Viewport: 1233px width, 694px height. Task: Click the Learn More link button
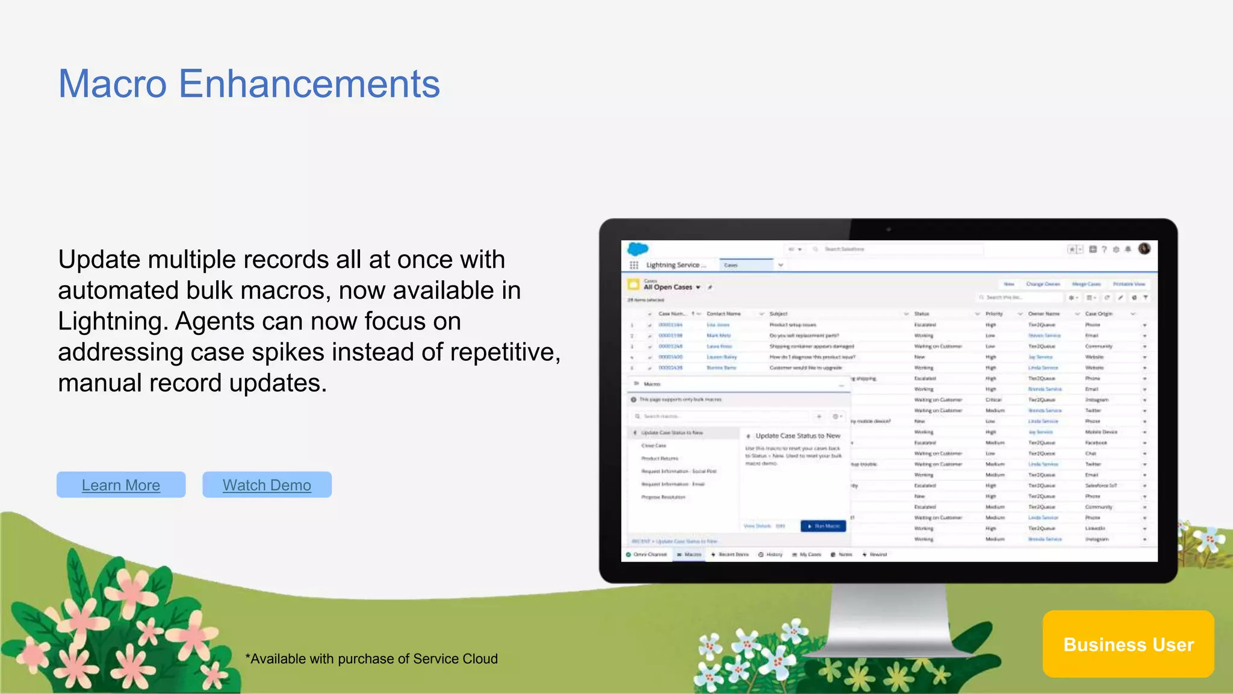click(121, 485)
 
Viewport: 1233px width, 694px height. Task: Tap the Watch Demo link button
click(267, 485)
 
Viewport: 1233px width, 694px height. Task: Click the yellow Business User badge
click(1128, 644)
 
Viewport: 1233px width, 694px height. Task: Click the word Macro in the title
click(113, 84)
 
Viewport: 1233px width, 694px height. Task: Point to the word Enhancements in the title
click(309, 84)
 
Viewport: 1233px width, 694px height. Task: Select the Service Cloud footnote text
click(371, 659)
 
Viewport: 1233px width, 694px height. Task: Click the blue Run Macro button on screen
click(823, 526)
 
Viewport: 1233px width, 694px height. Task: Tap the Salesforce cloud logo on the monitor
click(638, 249)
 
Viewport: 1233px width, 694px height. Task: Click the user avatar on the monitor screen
click(1144, 249)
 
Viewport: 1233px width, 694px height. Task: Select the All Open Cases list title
click(668, 287)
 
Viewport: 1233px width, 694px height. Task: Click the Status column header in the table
click(921, 314)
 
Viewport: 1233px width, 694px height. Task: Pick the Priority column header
click(994, 314)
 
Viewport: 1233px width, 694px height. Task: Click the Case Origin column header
click(1099, 314)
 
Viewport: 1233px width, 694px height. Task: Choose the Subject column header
click(778, 314)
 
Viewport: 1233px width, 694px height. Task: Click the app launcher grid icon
click(633, 265)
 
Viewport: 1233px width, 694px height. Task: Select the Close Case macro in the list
click(654, 446)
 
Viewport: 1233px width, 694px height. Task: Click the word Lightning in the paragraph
click(112, 322)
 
